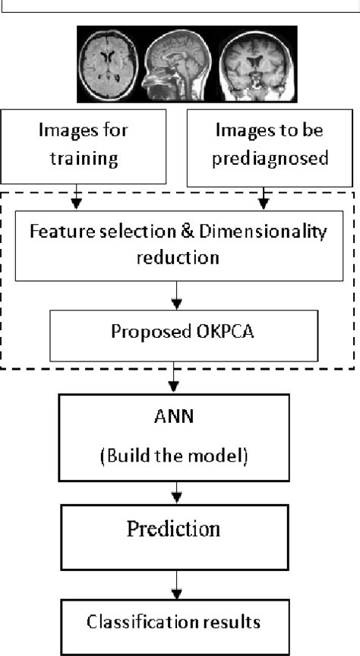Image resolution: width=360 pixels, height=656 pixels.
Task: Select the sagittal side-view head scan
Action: pyautogui.click(x=180, y=65)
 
